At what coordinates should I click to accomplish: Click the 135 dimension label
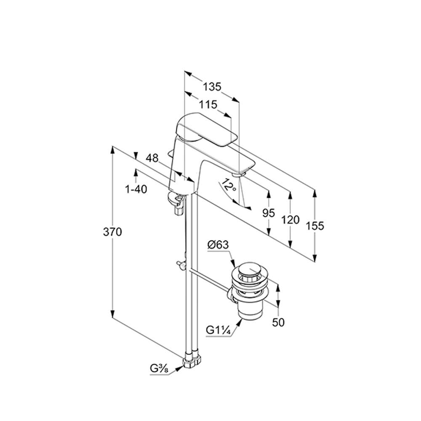212,87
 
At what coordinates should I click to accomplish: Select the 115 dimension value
208,104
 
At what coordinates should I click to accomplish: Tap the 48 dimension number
152,158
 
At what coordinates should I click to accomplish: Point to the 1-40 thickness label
136,189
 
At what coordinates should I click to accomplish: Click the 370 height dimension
112,232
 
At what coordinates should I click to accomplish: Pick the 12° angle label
229,185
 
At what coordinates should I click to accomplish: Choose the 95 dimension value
269,213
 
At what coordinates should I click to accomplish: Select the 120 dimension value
290,220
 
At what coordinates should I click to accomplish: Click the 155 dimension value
315,226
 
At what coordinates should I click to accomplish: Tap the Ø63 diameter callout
218,245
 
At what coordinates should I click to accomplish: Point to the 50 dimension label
278,322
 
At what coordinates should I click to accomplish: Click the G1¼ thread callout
218,330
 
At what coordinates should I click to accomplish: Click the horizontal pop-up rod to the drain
209,280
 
